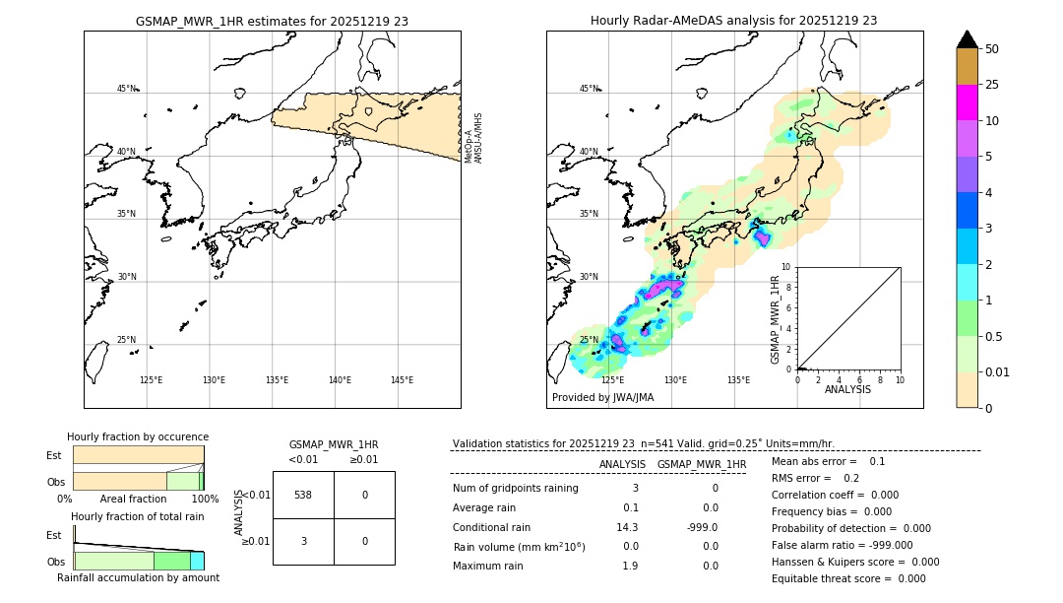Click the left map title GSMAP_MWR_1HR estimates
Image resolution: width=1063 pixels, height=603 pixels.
(272, 21)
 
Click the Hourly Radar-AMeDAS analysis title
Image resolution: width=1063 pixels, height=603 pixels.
(733, 21)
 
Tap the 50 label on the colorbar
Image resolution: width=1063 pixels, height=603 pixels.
(992, 49)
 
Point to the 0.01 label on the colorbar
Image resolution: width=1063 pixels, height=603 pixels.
(998, 371)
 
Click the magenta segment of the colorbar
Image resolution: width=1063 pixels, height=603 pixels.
(967, 102)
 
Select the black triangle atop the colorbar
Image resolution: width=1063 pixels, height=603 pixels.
(967, 39)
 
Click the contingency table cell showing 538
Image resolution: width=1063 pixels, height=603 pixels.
(303, 495)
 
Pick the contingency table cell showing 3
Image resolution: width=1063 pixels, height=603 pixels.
(303, 541)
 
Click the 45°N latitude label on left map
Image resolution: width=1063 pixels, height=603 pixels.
(127, 89)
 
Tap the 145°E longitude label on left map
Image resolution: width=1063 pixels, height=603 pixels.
(402, 380)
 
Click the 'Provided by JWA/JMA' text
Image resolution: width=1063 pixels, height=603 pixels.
(602, 398)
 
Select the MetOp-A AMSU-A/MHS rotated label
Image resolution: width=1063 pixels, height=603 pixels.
(473, 137)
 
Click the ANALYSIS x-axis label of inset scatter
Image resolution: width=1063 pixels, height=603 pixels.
(847, 389)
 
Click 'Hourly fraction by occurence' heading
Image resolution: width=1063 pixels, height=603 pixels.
(138, 436)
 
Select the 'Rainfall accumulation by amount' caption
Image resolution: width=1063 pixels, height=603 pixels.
(138, 577)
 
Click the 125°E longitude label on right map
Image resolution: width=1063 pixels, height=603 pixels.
(612, 380)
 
